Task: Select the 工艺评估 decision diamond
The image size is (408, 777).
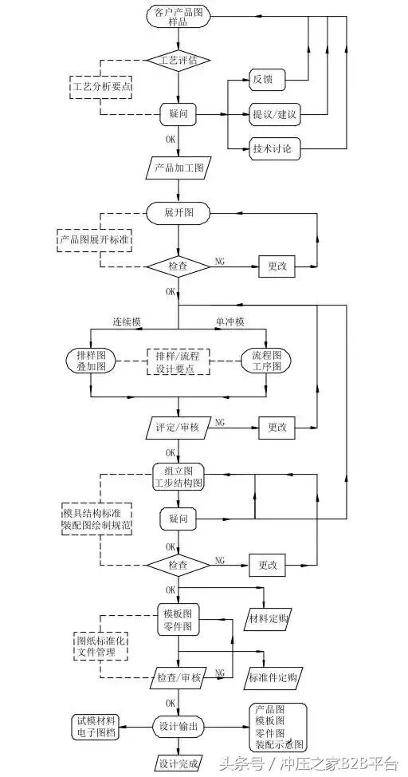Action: coord(178,60)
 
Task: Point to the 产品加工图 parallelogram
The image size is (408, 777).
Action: coord(178,168)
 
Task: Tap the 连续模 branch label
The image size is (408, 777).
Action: coord(125,321)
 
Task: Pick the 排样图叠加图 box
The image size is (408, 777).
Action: coord(92,361)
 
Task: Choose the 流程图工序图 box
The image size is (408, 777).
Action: coord(266,361)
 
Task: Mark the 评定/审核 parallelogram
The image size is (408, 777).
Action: coord(178,427)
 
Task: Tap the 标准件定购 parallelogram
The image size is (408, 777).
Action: coord(273,678)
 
